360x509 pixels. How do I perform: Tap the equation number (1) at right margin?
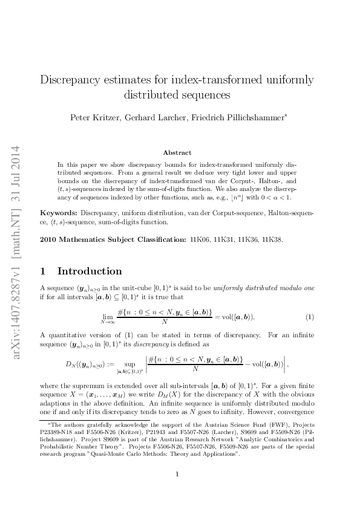310,317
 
